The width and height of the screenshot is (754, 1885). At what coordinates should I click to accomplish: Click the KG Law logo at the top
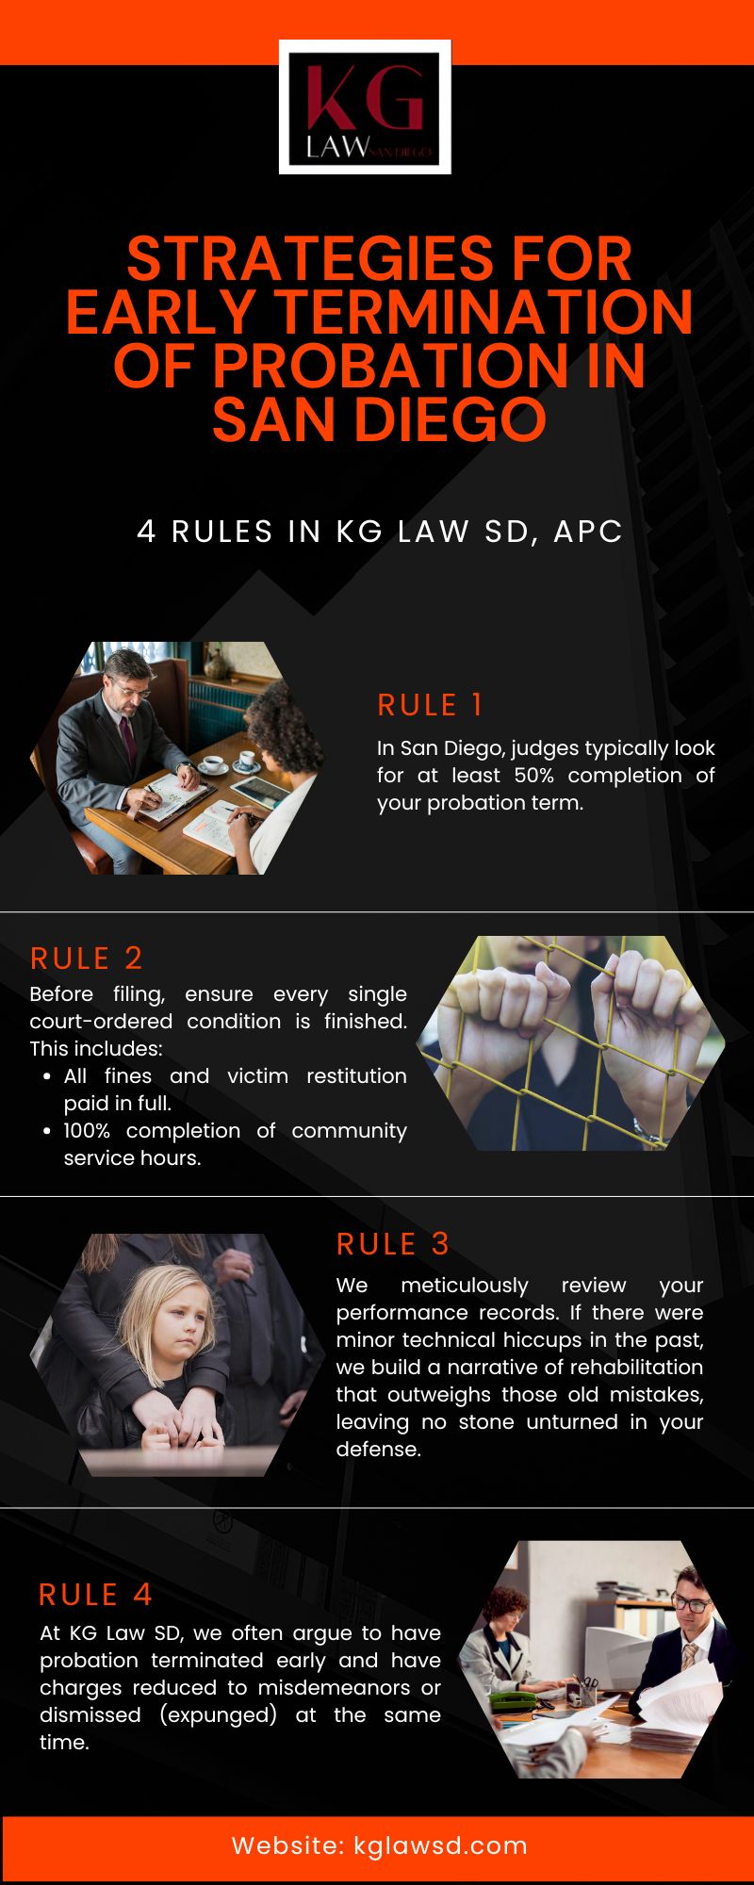click(365, 107)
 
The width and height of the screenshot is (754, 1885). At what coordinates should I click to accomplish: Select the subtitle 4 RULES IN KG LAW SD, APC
click(380, 532)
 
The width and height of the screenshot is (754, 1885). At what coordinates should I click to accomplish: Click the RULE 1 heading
click(430, 705)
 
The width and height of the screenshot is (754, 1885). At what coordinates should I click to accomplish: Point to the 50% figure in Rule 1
click(533, 775)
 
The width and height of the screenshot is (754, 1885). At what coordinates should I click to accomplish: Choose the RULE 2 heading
click(87, 959)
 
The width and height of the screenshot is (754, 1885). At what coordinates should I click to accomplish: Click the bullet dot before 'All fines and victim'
click(47, 1076)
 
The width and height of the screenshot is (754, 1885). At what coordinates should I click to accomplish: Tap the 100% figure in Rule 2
click(87, 1130)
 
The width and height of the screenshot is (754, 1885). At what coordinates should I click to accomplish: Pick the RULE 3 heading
click(393, 1244)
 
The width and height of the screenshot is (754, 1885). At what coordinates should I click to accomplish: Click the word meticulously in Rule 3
click(465, 1286)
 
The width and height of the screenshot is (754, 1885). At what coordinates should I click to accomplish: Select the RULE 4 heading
click(95, 1595)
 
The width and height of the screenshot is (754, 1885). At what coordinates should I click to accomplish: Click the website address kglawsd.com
click(440, 1845)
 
